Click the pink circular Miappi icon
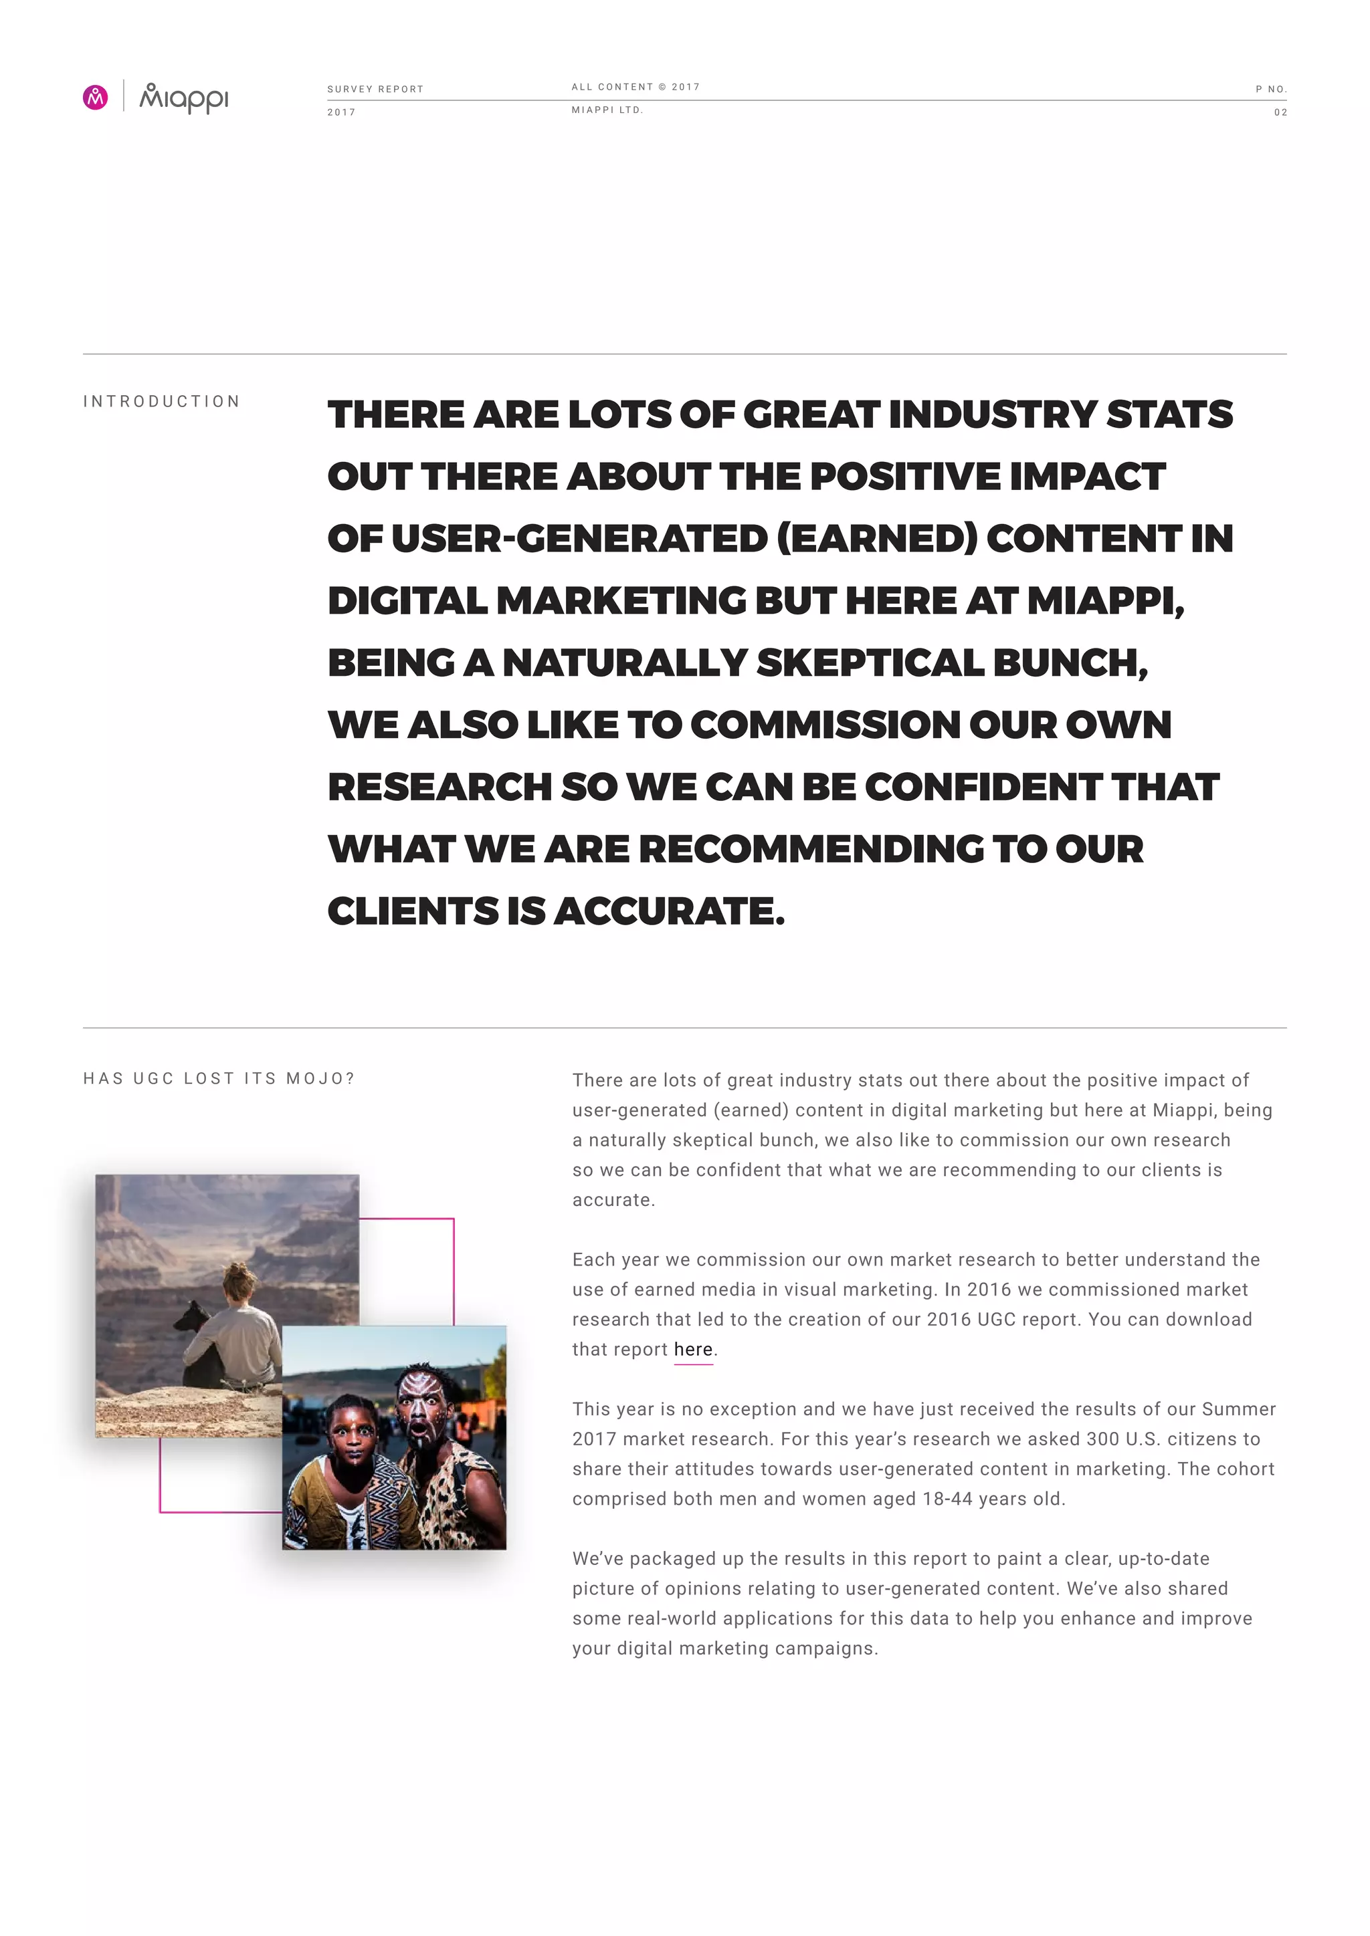[x=96, y=98]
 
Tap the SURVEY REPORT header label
[x=375, y=90]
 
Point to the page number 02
[x=1280, y=112]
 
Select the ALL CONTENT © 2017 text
[x=635, y=87]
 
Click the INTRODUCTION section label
[x=161, y=401]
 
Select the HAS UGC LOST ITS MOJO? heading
[x=219, y=1078]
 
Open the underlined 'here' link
[x=692, y=1349]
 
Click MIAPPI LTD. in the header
[x=607, y=110]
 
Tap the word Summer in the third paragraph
[x=1238, y=1409]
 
